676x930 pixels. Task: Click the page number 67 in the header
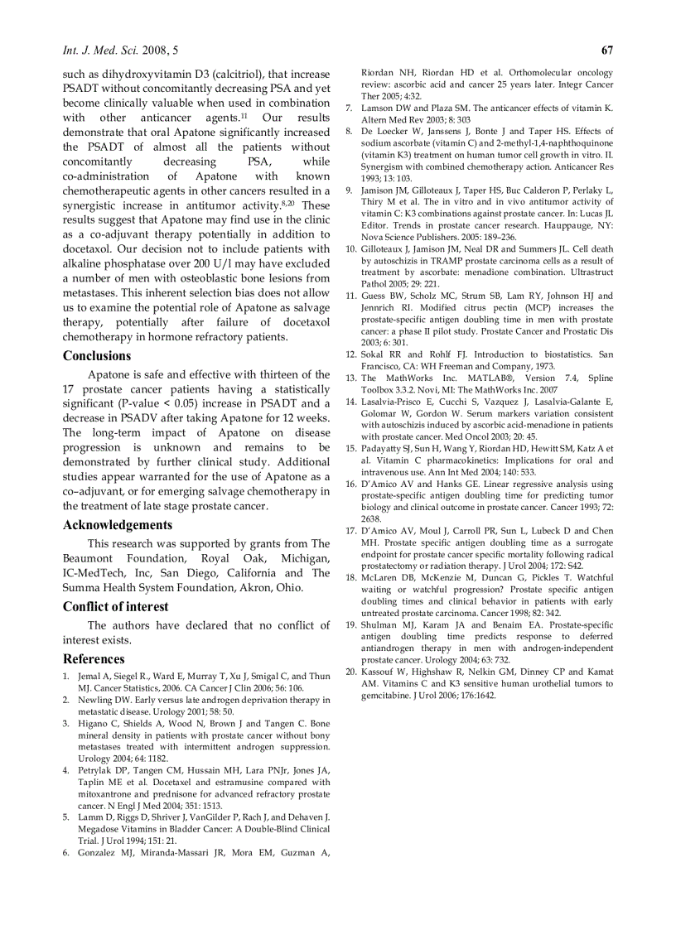click(x=607, y=50)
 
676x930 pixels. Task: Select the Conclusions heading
click(x=97, y=356)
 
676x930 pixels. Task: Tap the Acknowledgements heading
click(x=118, y=525)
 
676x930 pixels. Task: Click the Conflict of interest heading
click(x=115, y=606)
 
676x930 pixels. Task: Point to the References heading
click(x=94, y=659)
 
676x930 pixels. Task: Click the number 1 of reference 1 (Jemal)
click(x=66, y=677)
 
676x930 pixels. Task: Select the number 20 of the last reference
click(x=350, y=672)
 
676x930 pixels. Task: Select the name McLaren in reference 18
click(x=380, y=577)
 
